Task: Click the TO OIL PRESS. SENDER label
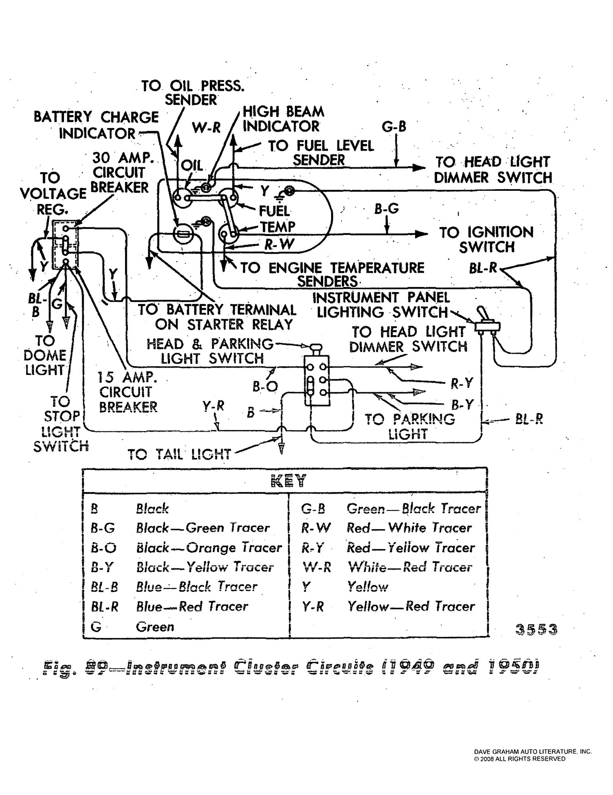(x=193, y=92)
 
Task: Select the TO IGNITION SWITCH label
(x=486, y=239)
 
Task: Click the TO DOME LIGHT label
(x=45, y=355)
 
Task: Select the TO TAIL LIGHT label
(x=179, y=454)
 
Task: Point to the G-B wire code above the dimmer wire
(x=394, y=127)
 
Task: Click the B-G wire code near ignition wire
(x=386, y=209)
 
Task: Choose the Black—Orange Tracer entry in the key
(x=209, y=548)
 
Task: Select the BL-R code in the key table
(x=104, y=607)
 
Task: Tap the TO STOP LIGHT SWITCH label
(x=61, y=423)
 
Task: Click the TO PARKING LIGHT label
(x=410, y=426)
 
